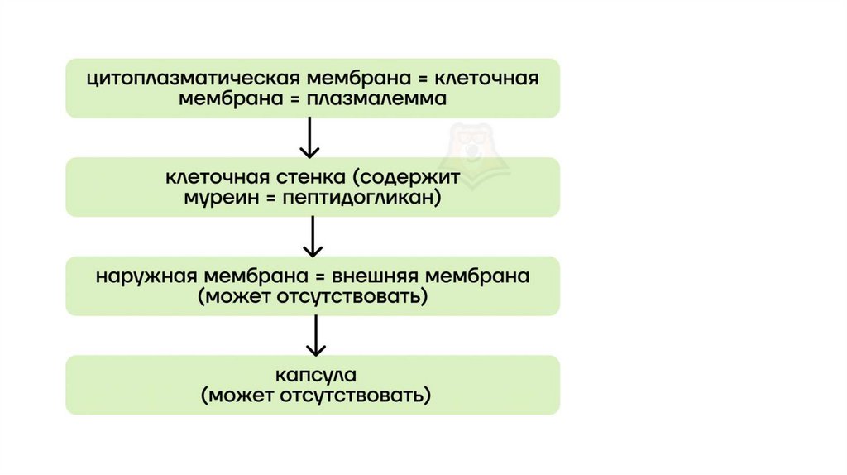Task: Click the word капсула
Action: pyautogui.click(x=312, y=375)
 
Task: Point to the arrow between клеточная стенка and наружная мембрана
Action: pyautogui.click(x=313, y=237)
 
